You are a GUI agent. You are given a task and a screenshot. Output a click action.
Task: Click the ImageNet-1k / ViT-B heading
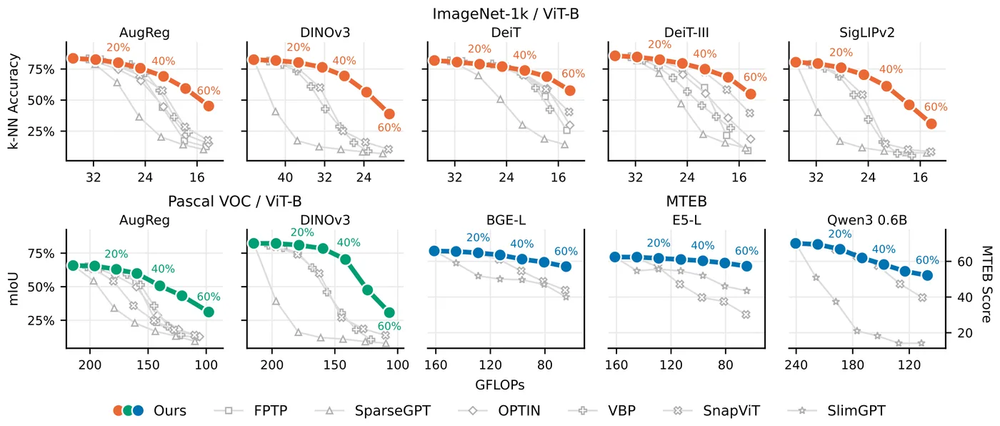point(506,14)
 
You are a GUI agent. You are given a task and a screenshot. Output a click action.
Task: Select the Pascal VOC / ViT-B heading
point(234,202)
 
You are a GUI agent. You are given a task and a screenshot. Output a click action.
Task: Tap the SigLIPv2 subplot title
point(867,33)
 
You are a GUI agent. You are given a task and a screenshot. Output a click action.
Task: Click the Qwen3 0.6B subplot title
point(867,220)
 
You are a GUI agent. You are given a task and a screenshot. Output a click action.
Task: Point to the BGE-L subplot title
point(506,220)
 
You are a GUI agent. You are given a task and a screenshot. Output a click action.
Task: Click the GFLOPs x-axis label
point(499,385)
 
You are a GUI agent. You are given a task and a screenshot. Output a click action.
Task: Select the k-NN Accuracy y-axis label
point(14,101)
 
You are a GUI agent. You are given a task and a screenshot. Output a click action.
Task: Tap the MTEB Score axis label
point(986,284)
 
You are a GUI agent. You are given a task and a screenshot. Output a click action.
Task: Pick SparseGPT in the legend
point(392,410)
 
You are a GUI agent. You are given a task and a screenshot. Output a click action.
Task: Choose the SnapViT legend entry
point(731,410)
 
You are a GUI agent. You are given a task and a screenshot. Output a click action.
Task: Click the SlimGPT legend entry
point(856,410)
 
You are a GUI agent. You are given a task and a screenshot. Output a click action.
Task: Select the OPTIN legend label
point(519,410)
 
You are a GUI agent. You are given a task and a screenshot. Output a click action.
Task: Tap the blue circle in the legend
point(138,410)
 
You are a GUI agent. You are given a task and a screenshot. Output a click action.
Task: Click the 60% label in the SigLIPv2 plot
point(935,107)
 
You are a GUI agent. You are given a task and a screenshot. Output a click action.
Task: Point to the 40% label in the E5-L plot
point(703,246)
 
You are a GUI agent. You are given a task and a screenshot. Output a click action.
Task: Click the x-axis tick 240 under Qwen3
point(796,365)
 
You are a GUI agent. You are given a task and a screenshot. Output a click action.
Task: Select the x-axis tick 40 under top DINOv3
point(285,177)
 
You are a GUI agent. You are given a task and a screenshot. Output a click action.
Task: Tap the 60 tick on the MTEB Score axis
point(965,262)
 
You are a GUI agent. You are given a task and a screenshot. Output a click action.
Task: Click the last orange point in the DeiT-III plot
point(751,94)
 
